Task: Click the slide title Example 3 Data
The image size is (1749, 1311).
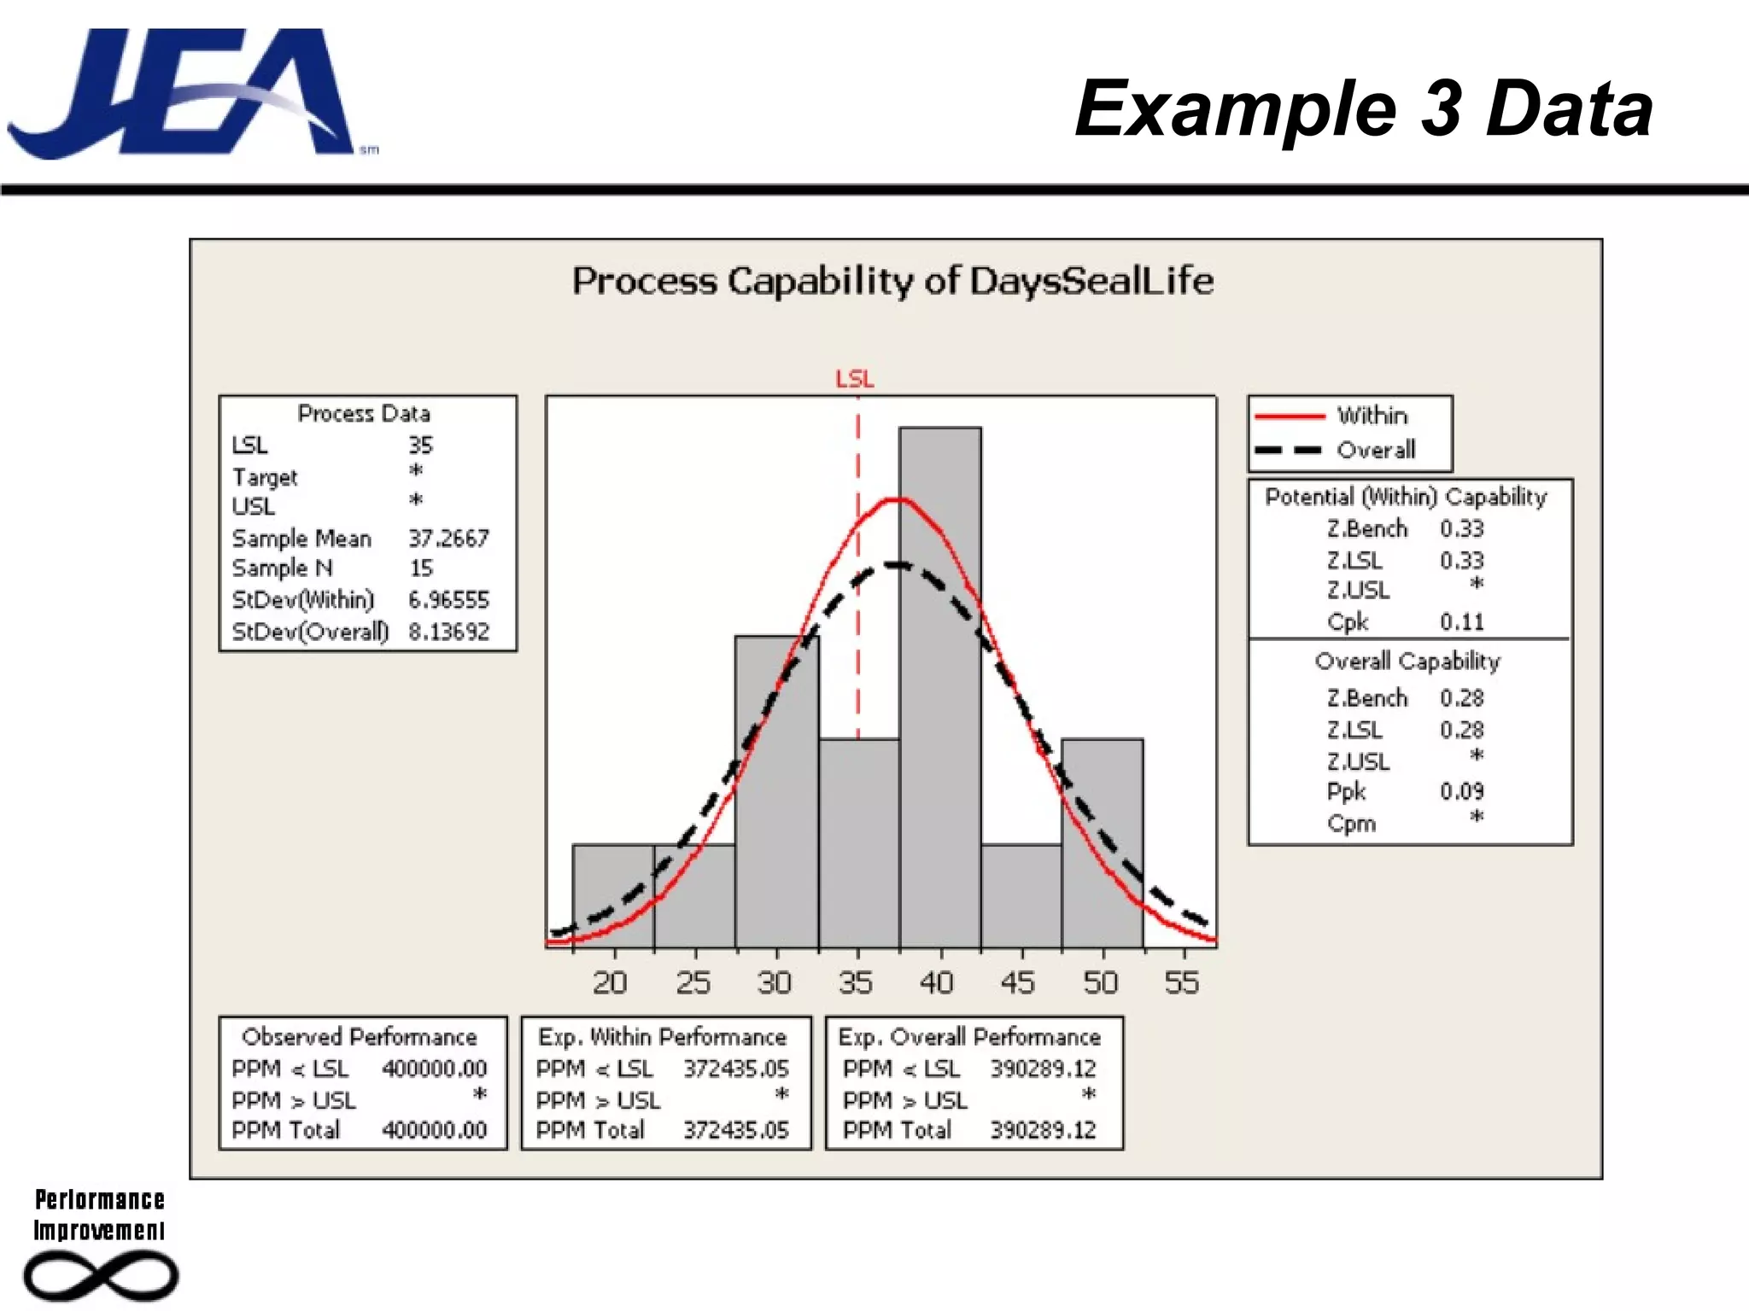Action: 1363,108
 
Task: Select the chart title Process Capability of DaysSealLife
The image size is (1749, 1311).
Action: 892,281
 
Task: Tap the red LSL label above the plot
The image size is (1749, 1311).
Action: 854,378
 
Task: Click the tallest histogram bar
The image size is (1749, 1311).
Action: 939,683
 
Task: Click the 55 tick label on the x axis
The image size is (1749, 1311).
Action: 1182,982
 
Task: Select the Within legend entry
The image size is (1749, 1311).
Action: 1372,416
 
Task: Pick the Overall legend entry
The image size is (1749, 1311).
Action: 1375,450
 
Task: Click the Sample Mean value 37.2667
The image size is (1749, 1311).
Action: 448,539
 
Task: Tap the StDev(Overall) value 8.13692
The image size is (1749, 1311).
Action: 448,632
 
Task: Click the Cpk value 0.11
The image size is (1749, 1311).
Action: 1461,621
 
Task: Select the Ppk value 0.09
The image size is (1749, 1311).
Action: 1461,791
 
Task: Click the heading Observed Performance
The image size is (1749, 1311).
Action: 360,1036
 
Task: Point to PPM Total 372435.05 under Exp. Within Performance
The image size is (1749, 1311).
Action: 735,1130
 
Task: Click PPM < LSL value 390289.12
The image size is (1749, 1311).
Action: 1042,1069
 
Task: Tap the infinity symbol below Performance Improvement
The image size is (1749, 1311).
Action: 101,1276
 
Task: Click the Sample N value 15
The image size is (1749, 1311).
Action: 421,568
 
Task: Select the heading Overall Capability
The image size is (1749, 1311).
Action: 1407,661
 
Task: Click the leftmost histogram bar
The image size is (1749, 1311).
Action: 612,896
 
